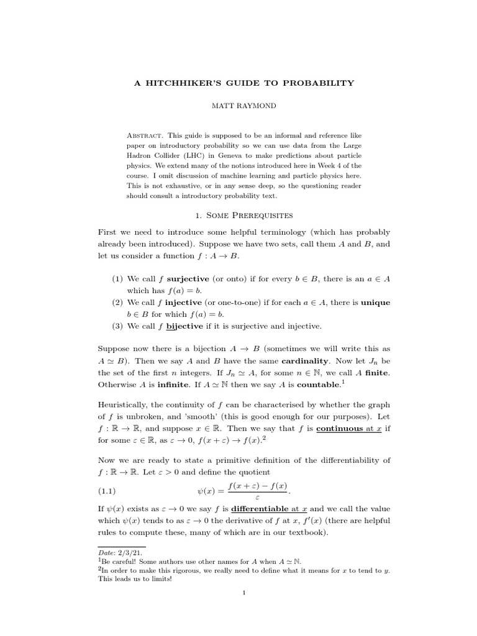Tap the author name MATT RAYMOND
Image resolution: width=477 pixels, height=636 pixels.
click(x=238, y=106)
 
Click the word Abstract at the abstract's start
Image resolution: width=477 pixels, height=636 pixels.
click(x=143, y=135)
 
